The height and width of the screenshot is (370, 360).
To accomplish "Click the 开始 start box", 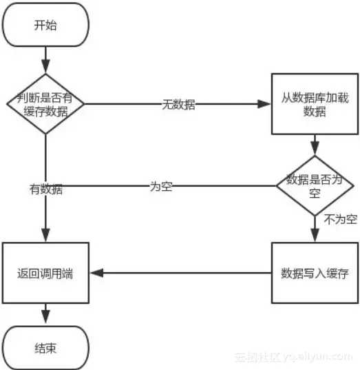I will pyautogui.click(x=45, y=26).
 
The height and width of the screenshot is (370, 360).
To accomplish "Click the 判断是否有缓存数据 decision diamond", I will pyautogui.click(x=45, y=105).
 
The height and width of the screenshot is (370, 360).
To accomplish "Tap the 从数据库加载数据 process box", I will pyautogui.click(x=315, y=105).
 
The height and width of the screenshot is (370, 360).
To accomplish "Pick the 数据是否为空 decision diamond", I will pyautogui.click(x=315, y=185).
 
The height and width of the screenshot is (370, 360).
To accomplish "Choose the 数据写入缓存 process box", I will pyautogui.click(x=315, y=273).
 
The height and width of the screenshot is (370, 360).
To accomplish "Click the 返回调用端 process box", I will pyautogui.click(x=45, y=273).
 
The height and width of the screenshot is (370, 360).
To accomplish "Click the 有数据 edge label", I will pyautogui.click(x=45, y=189).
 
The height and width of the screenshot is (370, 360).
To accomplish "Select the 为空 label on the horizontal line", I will pyautogui.click(x=160, y=186).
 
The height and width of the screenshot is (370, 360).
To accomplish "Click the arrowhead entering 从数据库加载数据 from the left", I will pyautogui.click(x=266, y=105).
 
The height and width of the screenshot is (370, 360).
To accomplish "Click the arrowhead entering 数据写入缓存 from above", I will pyautogui.click(x=315, y=237).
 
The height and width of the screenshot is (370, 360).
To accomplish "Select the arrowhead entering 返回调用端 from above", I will pyautogui.click(x=45, y=237).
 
